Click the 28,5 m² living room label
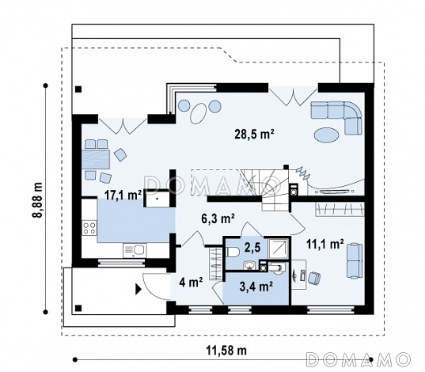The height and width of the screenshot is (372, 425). click(254, 135)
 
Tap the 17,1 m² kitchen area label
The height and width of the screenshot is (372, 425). click(123, 195)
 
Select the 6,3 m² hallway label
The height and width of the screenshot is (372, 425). click(218, 218)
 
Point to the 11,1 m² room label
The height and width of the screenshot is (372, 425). click(325, 244)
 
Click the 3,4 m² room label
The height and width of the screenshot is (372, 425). click(256, 287)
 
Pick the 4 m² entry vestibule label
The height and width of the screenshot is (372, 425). click(191, 283)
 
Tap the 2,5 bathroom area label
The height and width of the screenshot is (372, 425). click(252, 247)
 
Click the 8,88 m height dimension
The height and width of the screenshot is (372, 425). click(37, 199)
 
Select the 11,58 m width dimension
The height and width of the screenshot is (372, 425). click(226, 351)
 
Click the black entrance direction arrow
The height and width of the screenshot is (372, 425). click(139, 289)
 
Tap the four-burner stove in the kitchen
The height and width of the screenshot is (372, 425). click(89, 228)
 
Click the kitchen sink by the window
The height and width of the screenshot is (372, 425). click(135, 250)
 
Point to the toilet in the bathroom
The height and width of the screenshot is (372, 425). click(232, 252)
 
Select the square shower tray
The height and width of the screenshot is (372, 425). click(278, 248)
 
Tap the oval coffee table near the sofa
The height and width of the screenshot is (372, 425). click(327, 135)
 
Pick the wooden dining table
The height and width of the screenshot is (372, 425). click(96, 159)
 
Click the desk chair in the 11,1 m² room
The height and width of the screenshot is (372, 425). click(314, 279)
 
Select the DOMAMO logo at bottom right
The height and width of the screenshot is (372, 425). click(358, 360)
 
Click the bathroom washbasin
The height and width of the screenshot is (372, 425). click(249, 265)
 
